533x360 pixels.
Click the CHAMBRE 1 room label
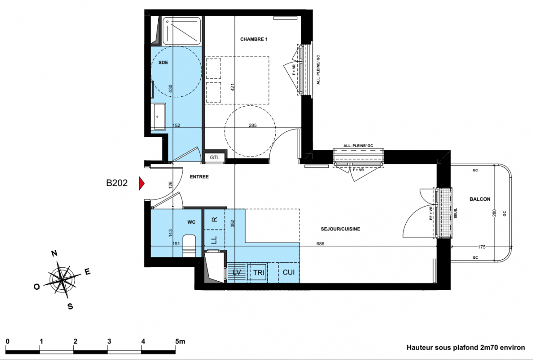click(254, 39)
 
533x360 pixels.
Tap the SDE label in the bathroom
click(163, 63)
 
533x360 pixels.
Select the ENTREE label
click(199, 177)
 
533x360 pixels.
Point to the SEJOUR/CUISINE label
click(340, 229)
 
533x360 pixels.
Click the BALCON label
click(480, 199)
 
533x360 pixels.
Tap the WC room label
click(191, 222)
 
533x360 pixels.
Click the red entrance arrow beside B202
click(141, 183)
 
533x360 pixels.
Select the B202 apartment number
click(116, 183)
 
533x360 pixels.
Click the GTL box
click(215, 158)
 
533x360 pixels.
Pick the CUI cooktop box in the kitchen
click(289, 272)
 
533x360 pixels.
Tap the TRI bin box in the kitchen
click(258, 272)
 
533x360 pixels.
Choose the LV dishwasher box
click(237, 272)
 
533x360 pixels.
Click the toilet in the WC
click(189, 245)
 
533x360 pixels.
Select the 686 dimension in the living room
click(320, 244)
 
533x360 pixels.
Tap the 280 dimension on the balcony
click(495, 213)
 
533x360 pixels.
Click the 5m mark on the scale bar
click(180, 341)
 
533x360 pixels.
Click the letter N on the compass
click(54, 253)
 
